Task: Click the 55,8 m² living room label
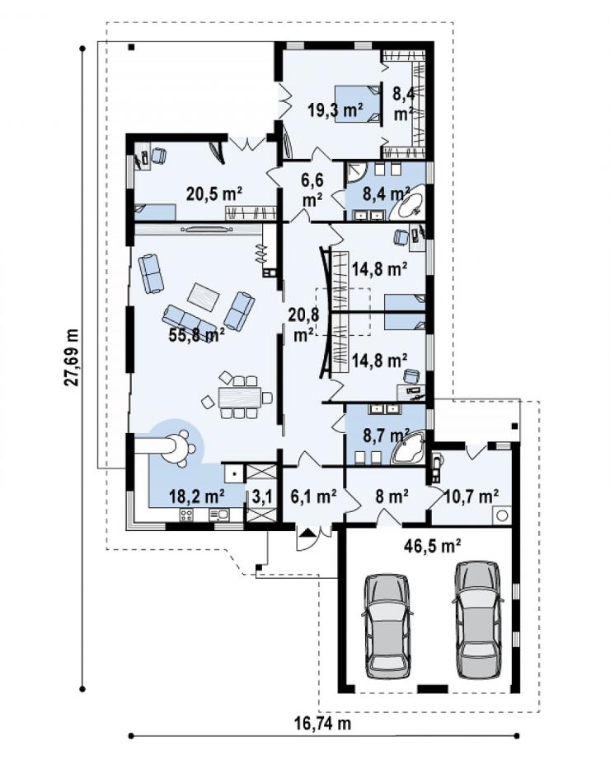click(x=196, y=335)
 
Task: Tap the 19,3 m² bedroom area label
click(x=335, y=110)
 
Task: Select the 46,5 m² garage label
click(x=432, y=545)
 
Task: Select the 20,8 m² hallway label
click(x=303, y=324)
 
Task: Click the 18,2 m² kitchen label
click(x=197, y=496)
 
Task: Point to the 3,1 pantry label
click(x=262, y=497)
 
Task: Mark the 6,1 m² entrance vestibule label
click(x=313, y=496)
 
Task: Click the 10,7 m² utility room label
click(x=472, y=496)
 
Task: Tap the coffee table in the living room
click(x=204, y=296)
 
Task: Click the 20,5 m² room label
click(x=214, y=193)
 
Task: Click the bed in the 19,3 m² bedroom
click(x=358, y=104)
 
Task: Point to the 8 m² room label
click(x=392, y=496)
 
